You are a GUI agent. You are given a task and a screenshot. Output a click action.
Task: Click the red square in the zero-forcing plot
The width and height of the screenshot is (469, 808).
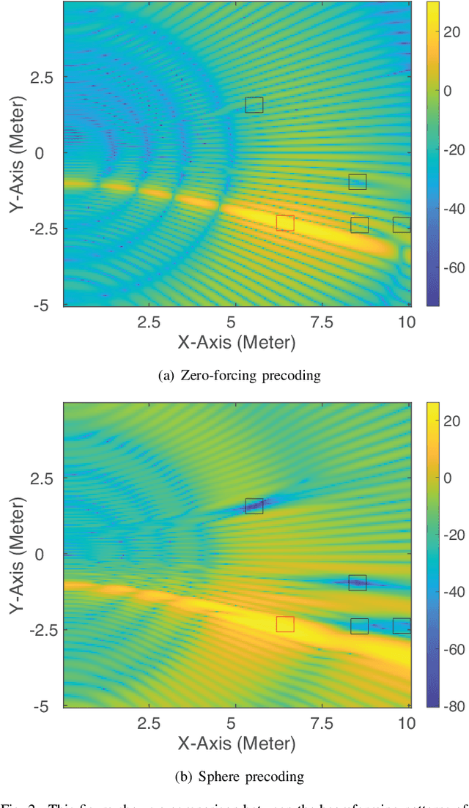285,223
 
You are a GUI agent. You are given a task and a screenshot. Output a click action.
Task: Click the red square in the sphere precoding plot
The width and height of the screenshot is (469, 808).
285,624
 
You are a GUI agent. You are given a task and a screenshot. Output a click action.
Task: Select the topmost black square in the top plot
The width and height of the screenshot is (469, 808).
254,105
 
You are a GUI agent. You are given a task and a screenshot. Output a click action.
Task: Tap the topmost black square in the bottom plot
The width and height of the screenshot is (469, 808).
254,506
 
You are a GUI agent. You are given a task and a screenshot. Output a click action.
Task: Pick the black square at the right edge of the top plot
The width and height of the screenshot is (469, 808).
402,225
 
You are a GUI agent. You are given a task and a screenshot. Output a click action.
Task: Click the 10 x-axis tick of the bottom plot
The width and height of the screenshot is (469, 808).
404,724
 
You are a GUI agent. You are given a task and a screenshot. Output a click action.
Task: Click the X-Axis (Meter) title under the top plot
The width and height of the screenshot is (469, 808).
236,343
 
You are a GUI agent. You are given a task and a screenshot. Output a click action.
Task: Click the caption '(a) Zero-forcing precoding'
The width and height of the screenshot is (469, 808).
240,376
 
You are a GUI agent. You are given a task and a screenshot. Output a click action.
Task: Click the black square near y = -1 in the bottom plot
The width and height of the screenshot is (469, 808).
357,583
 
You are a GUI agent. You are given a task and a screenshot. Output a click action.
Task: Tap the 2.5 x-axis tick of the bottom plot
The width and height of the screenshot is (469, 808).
148,724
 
